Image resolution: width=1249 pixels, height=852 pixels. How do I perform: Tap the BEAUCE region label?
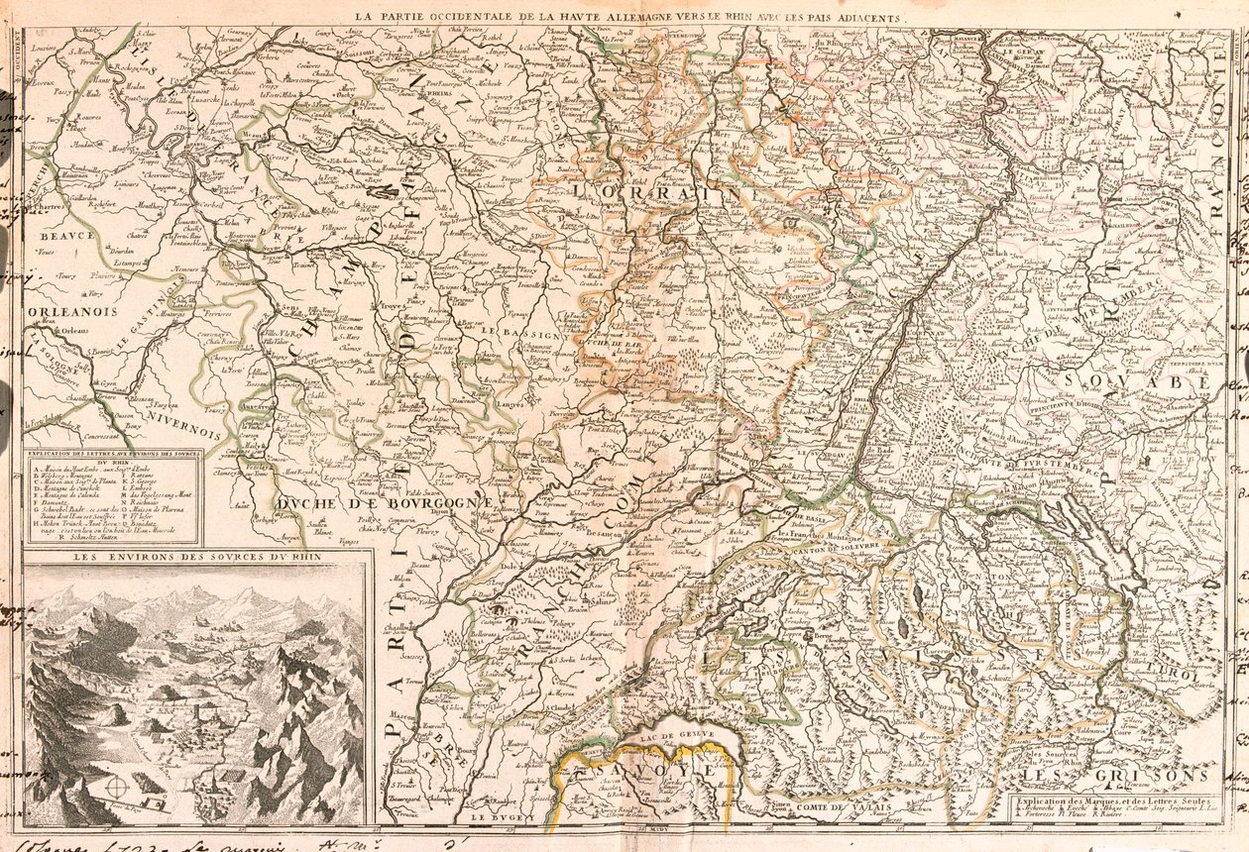tap(67, 237)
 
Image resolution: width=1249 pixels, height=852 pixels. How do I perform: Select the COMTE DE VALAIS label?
tap(839, 807)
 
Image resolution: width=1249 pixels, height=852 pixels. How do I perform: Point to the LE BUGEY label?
tap(496, 818)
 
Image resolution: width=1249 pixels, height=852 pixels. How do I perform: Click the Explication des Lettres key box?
tap(112, 496)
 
